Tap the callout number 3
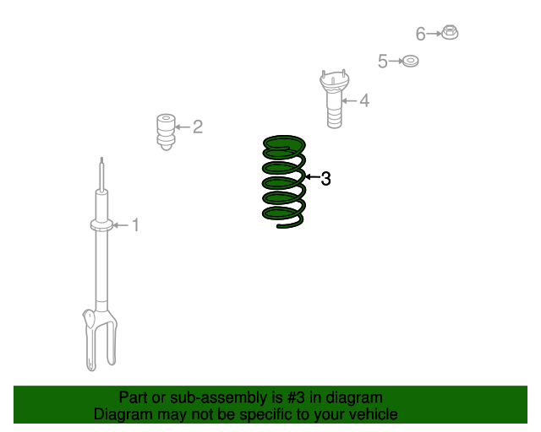[325, 178]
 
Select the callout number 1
[134, 224]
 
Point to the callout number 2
[197, 127]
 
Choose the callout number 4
[364, 101]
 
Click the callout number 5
[382, 61]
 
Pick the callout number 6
[421, 34]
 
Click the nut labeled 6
[451, 33]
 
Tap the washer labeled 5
[410, 61]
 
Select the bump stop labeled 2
[166, 132]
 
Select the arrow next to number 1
[121, 224]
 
